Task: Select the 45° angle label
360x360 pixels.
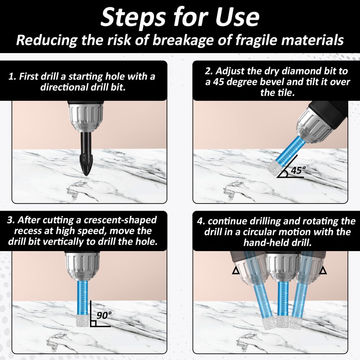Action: point(298,170)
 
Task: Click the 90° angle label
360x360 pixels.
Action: point(104,315)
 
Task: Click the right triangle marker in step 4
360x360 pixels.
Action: point(323,271)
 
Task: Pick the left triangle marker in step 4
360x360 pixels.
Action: point(235,271)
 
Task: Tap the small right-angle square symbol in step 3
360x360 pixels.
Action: point(93,324)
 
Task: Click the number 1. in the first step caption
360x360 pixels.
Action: point(12,76)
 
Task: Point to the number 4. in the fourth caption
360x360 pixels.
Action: point(201,221)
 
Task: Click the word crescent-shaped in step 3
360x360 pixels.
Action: point(120,220)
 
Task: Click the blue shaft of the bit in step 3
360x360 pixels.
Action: point(82,297)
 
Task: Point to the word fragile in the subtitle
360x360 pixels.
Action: point(256,40)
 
